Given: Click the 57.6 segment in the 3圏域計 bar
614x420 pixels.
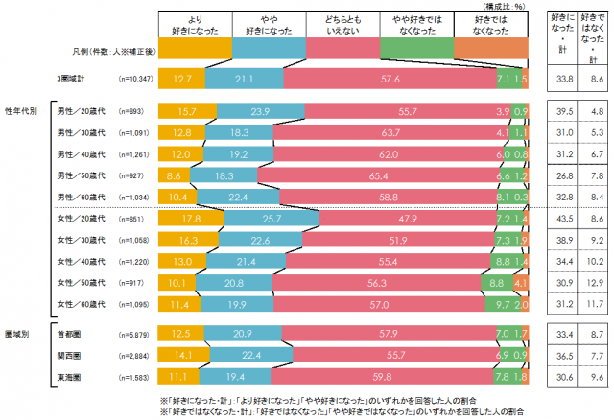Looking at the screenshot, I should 390,80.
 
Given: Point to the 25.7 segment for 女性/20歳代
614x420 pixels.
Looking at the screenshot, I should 250,219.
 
